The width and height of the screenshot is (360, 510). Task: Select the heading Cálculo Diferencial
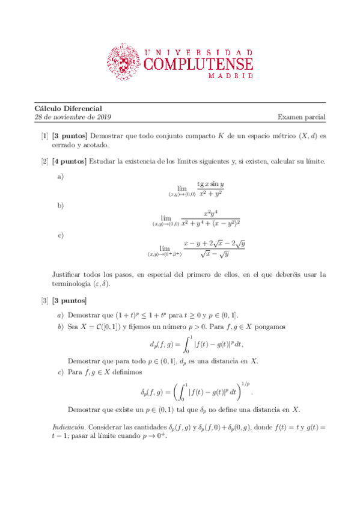point(68,108)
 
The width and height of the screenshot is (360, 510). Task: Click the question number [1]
point(45,137)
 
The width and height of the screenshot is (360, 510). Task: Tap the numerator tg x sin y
point(210,184)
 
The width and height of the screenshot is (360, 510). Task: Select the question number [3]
point(45,300)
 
